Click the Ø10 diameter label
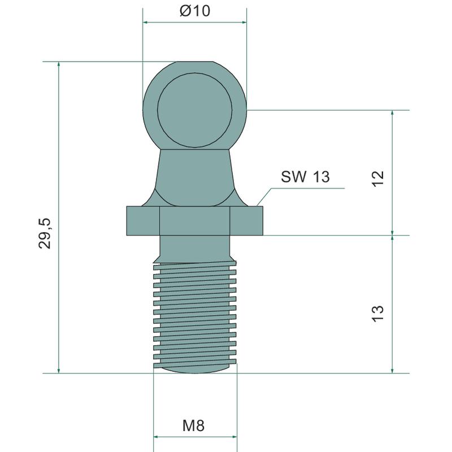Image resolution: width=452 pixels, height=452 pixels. tap(195, 11)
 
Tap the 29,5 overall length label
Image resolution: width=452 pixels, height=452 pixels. tap(45, 233)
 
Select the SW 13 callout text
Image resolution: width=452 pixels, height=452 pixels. tap(305, 176)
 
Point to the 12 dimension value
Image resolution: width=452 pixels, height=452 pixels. tap(377, 179)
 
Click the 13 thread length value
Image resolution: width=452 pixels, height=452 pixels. tap(377, 314)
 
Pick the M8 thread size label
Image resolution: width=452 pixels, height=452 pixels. tap(193, 425)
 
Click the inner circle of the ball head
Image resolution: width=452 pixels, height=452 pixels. tap(194, 110)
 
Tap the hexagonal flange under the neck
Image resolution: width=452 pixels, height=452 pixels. tap(195, 220)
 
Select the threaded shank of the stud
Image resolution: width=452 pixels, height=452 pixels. tap(195, 316)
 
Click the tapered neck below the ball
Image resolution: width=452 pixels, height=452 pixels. tap(195, 177)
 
